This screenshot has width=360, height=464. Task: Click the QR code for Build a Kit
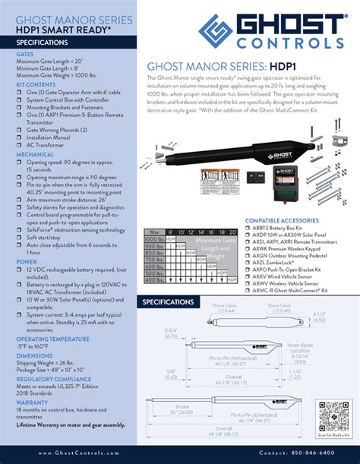(332, 413)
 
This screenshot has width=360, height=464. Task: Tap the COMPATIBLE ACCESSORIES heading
(282, 221)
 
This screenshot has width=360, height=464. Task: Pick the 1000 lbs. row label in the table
(155, 239)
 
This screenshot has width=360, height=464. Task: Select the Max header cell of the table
(155, 231)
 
